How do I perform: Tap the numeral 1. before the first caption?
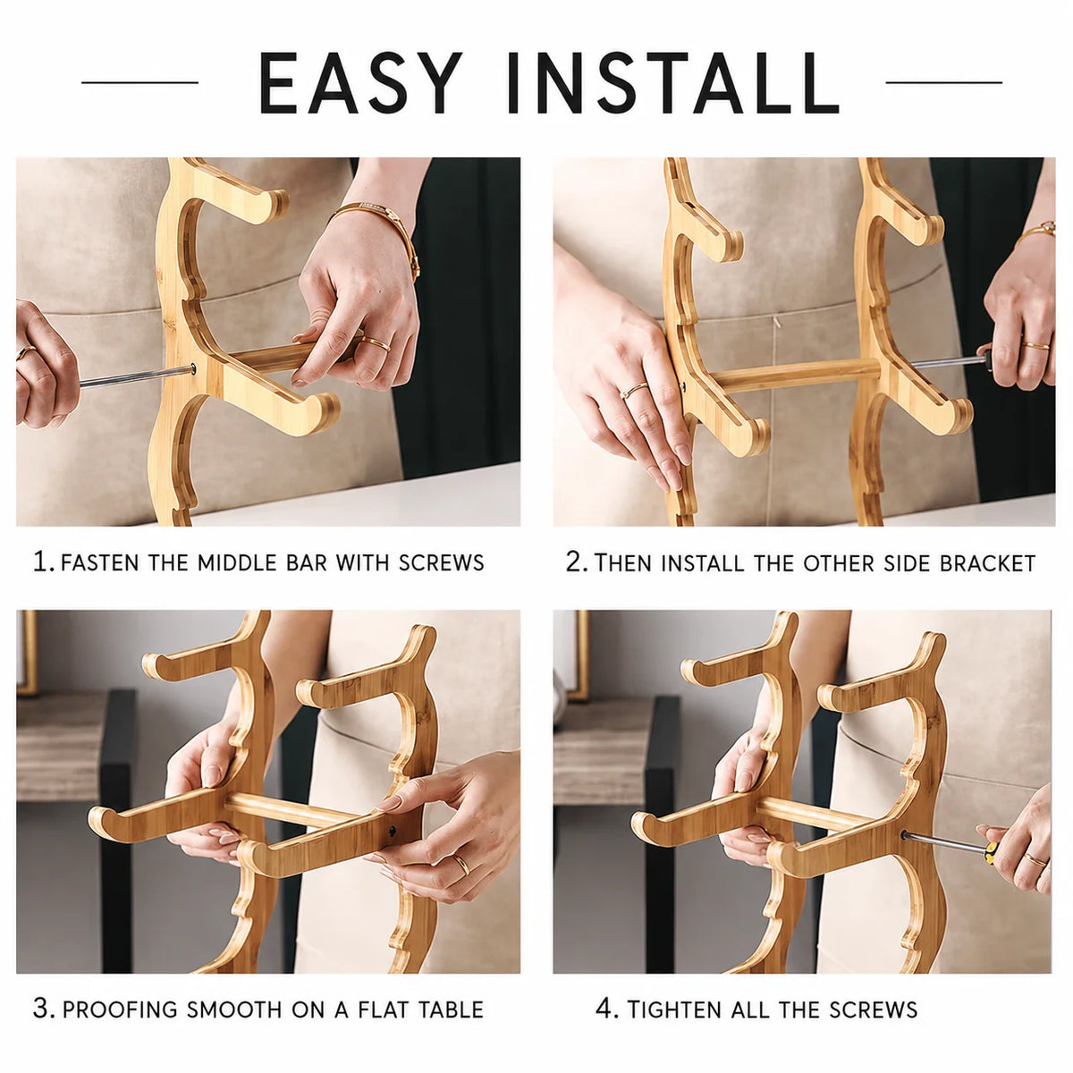[x=44, y=562]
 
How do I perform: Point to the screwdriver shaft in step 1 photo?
[x=137, y=376]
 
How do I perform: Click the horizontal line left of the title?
[x=139, y=82]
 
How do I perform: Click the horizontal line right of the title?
[x=943, y=82]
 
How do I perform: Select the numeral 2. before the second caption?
[x=577, y=562]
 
